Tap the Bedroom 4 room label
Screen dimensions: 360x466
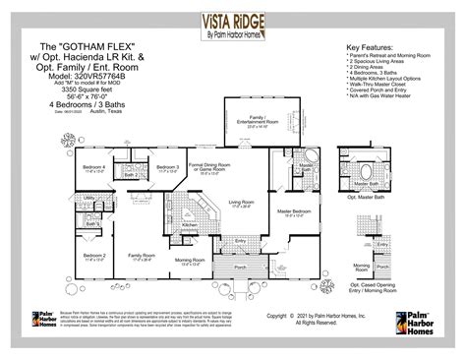point(93,167)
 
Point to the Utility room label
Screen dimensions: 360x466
point(88,198)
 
